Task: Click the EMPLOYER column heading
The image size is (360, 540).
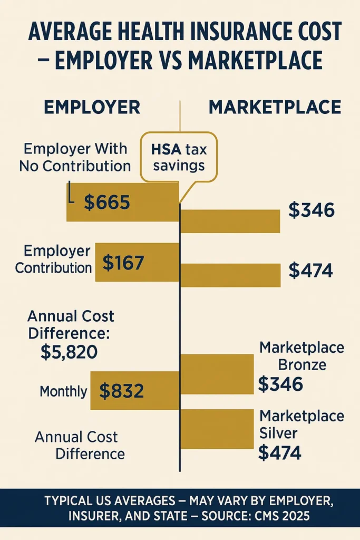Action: point(92,107)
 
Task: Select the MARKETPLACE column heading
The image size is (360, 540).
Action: point(274,107)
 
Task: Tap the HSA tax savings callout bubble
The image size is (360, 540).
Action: point(179,157)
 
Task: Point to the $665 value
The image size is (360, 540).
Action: point(106,202)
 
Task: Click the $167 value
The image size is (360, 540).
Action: point(123,263)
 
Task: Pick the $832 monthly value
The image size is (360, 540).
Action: point(121,391)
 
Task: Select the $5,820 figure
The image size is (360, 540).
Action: point(69,351)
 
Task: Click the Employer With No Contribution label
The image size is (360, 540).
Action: point(75,157)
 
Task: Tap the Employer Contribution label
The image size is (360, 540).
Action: point(54,259)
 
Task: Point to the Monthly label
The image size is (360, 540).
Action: point(63,391)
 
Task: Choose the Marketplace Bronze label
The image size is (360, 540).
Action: point(301,356)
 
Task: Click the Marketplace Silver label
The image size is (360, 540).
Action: point(301,425)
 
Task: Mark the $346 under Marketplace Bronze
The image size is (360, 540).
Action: point(280,384)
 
